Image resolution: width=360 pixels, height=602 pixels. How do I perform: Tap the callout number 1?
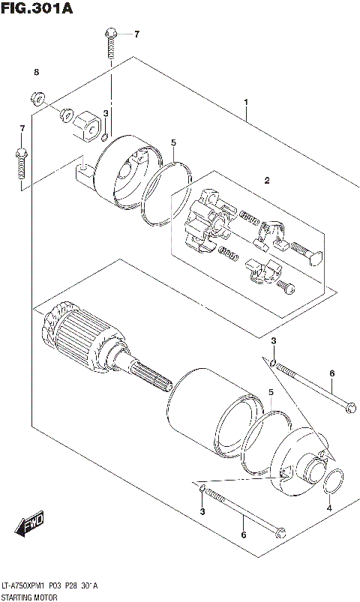pos(245,102)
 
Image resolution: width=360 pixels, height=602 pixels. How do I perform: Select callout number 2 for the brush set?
pos(265,180)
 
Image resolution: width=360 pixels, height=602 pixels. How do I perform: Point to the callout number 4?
pos(329,509)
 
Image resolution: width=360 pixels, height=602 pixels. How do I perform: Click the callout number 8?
pos(34,72)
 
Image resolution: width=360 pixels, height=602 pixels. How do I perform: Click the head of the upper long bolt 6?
pos(348,409)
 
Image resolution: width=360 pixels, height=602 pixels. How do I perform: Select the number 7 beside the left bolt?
pos(22,129)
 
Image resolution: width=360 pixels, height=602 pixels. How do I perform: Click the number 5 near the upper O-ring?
pos(172,142)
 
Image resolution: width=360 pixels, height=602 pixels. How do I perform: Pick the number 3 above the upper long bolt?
pos(274,342)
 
